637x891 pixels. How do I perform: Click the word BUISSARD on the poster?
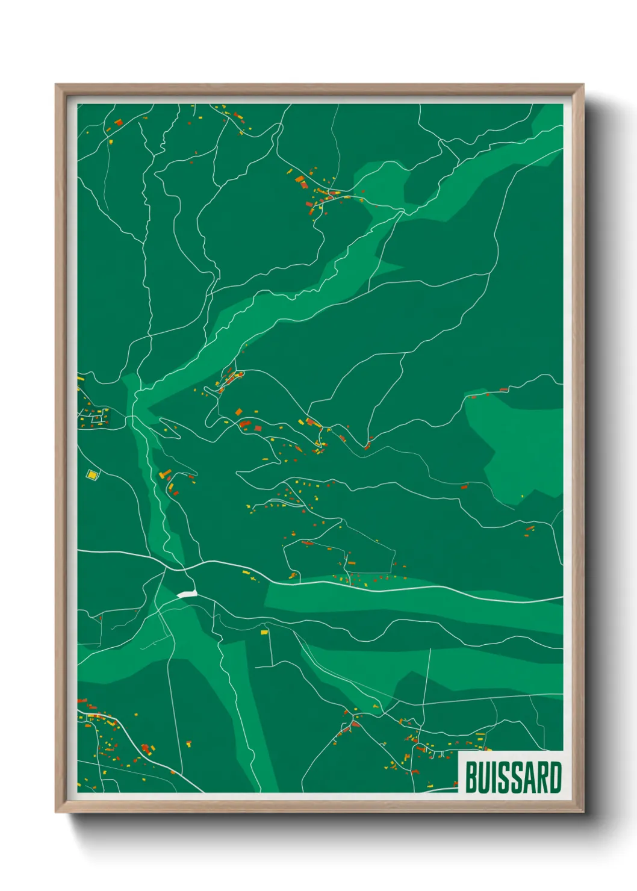pyautogui.click(x=513, y=777)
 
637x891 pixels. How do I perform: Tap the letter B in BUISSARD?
pyautogui.click(x=471, y=777)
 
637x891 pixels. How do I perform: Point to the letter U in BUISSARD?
pyautogui.click(x=484, y=777)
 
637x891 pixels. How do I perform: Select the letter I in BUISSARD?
pyautogui.click(x=494, y=777)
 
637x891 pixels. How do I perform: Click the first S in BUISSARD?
pyautogui.click(x=503, y=777)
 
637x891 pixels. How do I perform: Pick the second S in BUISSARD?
pyautogui.click(x=516, y=777)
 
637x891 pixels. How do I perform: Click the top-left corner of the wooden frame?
pyautogui.click(x=57, y=85)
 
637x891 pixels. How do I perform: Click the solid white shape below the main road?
pyautogui.click(x=187, y=594)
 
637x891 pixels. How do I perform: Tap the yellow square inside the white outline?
pyautogui.click(x=92, y=475)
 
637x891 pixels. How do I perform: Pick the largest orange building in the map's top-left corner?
pyautogui.click(x=118, y=123)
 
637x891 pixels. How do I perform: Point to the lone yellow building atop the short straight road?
pyautogui.click(x=264, y=632)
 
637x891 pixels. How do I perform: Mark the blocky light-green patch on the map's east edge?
pyautogui.click(x=521, y=445)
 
